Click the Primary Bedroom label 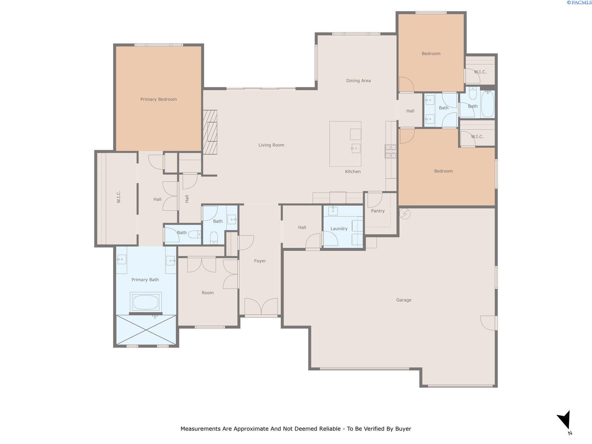click(158, 99)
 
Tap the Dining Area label click(358, 81)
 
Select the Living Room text click(271, 145)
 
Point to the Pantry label click(378, 211)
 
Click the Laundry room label click(339, 229)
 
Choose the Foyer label click(260, 261)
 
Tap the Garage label click(403, 300)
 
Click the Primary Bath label click(145, 280)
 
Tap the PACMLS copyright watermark click(579, 3)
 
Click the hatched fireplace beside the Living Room click(210, 132)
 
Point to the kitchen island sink click(356, 148)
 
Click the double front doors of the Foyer click(261, 306)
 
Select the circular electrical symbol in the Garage click(405, 214)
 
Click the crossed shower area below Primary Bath click(146, 330)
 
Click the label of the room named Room click(208, 293)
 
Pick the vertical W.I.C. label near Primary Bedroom click(118, 197)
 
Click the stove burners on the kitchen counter click(390, 151)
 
